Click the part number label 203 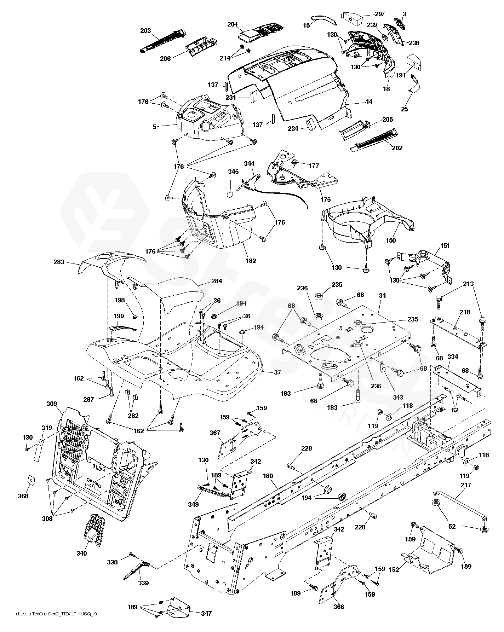(145, 31)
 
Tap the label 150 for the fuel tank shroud (390, 240)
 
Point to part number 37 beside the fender (277, 372)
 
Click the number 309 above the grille (52, 404)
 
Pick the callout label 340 (81, 553)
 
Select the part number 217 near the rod (466, 485)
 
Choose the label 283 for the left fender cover (59, 262)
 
